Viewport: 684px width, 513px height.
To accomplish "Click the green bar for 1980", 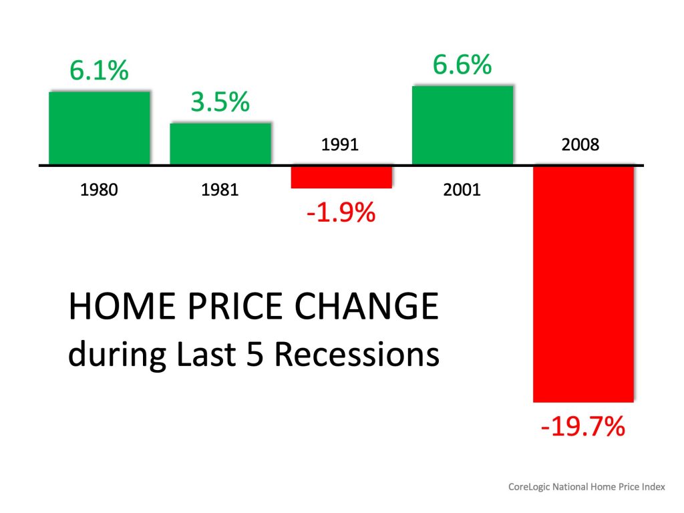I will click(x=100, y=128).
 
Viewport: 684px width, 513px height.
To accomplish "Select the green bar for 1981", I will click(x=220, y=144).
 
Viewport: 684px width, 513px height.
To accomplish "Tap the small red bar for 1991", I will click(x=341, y=176).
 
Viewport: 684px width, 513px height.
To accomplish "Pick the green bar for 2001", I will click(x=462, y=125).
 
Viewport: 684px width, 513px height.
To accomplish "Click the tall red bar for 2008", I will click(x=583, y=283).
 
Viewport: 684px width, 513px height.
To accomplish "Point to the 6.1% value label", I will click(x=99, y=71).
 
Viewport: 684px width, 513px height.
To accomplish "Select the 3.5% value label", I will click(x=220, y=103).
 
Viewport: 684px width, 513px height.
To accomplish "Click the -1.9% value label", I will click(x=341, y=214).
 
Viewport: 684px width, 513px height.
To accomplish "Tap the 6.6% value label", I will click(x=462, y=65).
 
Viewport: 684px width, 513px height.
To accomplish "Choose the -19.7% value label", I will click(x=582, y=426).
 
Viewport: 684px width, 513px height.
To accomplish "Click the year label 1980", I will click(x=99, y=190).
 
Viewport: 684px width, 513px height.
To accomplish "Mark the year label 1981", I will click(x=220, y=190).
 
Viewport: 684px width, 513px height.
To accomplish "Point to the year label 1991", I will click(x=341, y=144).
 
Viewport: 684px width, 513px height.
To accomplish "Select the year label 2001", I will click(x=462, y=190).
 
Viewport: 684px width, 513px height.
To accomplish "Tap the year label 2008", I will click(x=582, y=144).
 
